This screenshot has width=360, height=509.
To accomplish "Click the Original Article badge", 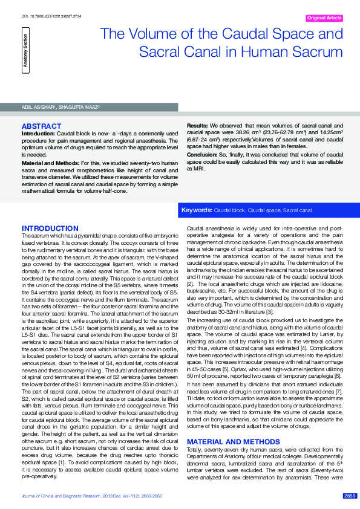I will tap(325, 18).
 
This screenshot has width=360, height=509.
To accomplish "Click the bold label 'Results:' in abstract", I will tap(198, 124).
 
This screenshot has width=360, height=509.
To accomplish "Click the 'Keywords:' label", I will tap(197, 210).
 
